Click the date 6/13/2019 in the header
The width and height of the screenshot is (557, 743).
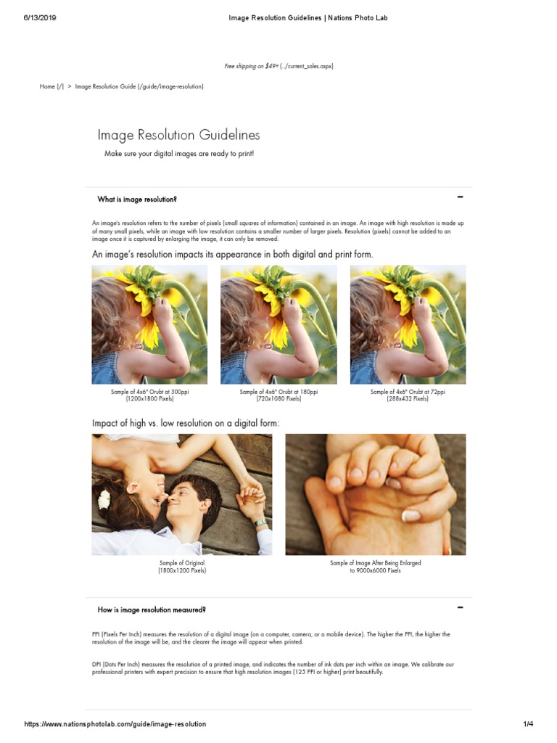[x=40, y=18]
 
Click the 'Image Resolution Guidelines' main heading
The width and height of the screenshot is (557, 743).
[x=178, y=135]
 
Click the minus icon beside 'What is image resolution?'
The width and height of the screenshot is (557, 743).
[x=460, y=197]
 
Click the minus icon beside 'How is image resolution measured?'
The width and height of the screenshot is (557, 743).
[x=460, y=607]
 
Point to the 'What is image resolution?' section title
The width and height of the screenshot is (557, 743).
[x=137, y=200]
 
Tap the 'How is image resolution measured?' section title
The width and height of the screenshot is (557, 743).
[x=152, y=609]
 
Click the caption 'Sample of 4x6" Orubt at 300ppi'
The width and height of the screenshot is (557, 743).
[x=149, y=392]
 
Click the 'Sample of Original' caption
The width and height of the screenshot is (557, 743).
[x=182, y=563]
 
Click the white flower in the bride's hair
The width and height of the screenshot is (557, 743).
[x=104, y=499]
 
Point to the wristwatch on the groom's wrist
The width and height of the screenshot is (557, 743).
[x=260, y=522]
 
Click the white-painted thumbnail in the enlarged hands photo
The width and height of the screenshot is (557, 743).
[x=410, y=515]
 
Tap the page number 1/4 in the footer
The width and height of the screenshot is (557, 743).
[x=528, y=724]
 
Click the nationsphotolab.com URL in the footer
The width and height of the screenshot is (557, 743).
[x=115, y=724]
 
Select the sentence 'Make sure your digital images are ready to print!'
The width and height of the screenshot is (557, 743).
[x=179, y=154]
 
